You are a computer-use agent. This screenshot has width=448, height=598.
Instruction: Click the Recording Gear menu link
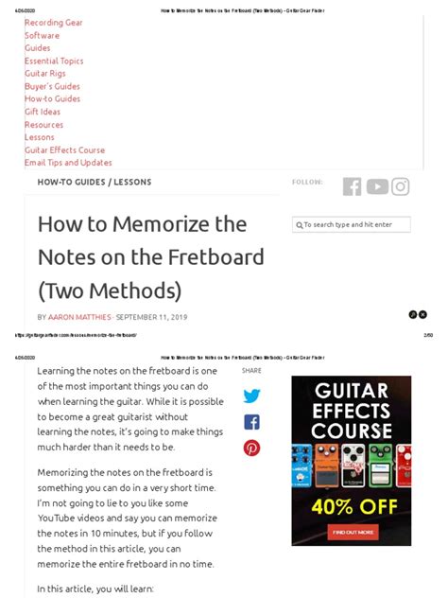[x=53, y=23]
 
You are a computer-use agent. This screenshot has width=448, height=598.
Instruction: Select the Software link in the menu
[x=42, y=35]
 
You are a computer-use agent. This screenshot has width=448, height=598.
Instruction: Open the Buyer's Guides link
[x=52, y=86]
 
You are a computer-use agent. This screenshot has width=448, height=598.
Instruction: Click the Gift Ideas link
[x=43, y=112]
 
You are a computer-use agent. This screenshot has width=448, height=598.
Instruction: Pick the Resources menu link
[x=43, y=125]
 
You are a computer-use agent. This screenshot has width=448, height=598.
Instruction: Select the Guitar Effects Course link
[x=64, y=149]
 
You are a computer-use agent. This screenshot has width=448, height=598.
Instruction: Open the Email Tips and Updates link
[x=68, y=163]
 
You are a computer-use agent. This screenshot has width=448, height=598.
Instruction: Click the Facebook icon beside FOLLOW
[x=352, y=186]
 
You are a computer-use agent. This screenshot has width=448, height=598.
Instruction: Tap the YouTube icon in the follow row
[x=377, y=186]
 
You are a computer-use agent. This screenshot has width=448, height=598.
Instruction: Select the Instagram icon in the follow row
[x=401, y=186]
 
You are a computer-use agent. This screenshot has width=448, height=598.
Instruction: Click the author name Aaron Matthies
[x=79, y=317]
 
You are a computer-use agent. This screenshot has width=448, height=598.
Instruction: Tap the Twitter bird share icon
[x=251, y=396]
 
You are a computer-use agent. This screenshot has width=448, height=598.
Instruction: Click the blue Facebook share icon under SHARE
[x=251, y=422]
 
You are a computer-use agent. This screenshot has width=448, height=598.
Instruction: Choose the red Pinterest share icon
[x=251, y=448]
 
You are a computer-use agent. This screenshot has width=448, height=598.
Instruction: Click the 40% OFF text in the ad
[x=351, y=507]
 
